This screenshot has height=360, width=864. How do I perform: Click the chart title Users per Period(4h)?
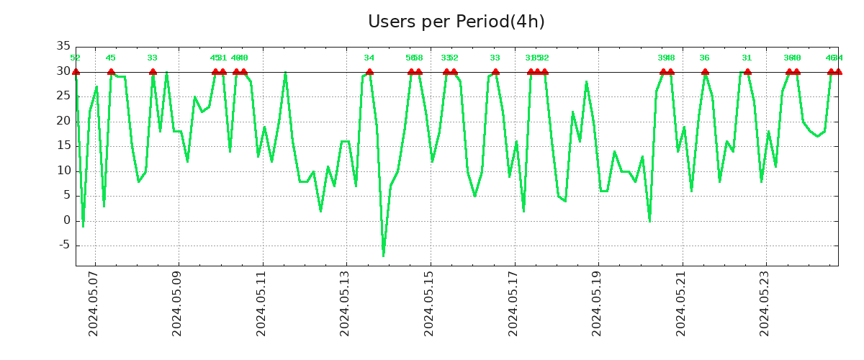click(x=456, y=22)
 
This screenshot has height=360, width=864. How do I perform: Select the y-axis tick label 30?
click(x=63, y=72)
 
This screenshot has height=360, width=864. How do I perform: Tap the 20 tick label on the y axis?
click(x=63, y=122)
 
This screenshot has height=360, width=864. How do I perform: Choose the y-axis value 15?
click(x=63, y=146)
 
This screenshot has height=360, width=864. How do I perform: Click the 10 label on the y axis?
click(x=63, y=171)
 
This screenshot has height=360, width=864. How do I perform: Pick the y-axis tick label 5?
click(x=66, y=196)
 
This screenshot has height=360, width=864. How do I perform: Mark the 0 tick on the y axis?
click(x=66, y=221)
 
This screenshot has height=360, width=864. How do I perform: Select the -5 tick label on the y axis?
click(x=63, y=246)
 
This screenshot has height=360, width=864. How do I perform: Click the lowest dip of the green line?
click(x=383, y=256)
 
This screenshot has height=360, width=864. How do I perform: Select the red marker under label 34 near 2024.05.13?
click(x=369, y=72)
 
